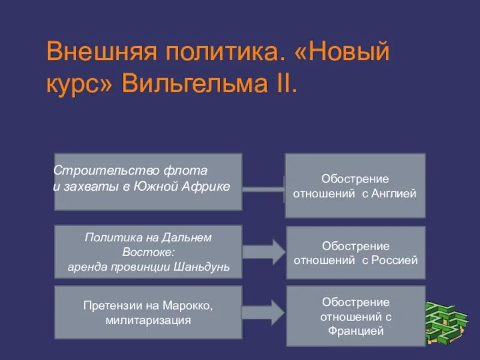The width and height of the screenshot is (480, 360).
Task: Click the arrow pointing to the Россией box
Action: pyautogui.click(x=262, y=251)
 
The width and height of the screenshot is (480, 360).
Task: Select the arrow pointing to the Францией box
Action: pyautogui.click(x=262, y=312)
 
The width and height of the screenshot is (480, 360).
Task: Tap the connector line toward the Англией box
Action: pyautogui.click(x=263, y=190)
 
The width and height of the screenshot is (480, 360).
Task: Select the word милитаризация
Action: pyautogui.click(x=148, y=320)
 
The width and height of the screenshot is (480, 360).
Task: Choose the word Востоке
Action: pyautogui.click(x=148, y=251)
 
